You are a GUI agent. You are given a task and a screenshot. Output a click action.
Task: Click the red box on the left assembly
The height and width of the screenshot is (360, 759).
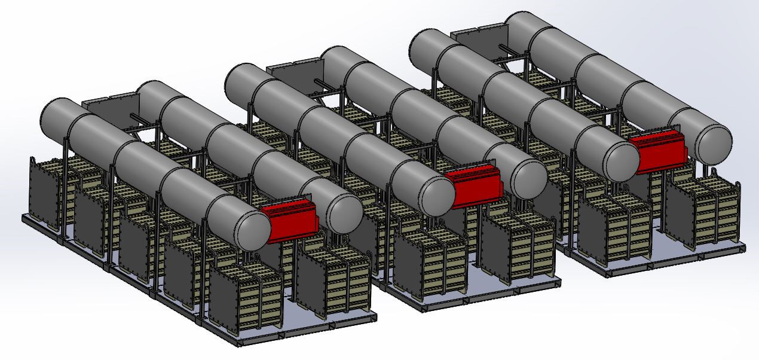coord(292,220)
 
